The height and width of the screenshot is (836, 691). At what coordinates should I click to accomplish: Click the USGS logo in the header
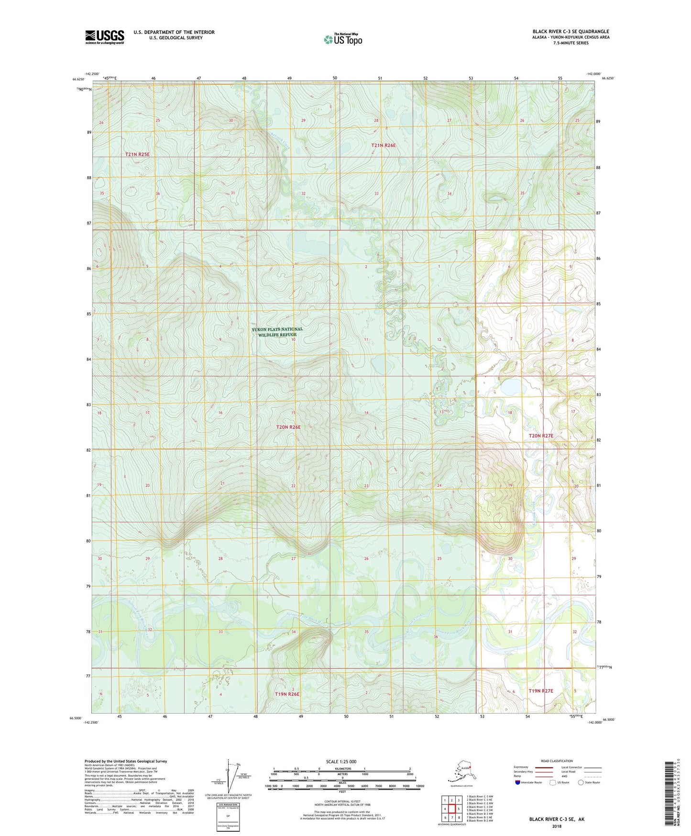coord(105,37)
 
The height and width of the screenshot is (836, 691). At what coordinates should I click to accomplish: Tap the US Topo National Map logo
coord(342,39)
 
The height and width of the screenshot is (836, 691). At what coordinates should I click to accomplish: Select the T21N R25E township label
coord(137,154)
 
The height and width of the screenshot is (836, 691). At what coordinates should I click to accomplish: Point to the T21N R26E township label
coord(384,145)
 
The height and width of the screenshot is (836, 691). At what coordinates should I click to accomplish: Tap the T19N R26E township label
coord(287,694)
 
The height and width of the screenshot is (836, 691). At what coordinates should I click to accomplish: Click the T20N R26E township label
coord(288,427)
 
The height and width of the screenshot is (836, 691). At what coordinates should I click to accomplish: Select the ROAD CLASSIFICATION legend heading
coord(556,761)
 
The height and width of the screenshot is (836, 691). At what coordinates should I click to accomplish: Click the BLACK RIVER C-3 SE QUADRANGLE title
coord(570,32)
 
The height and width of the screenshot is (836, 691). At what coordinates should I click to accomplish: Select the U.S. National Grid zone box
coord(228,817)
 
